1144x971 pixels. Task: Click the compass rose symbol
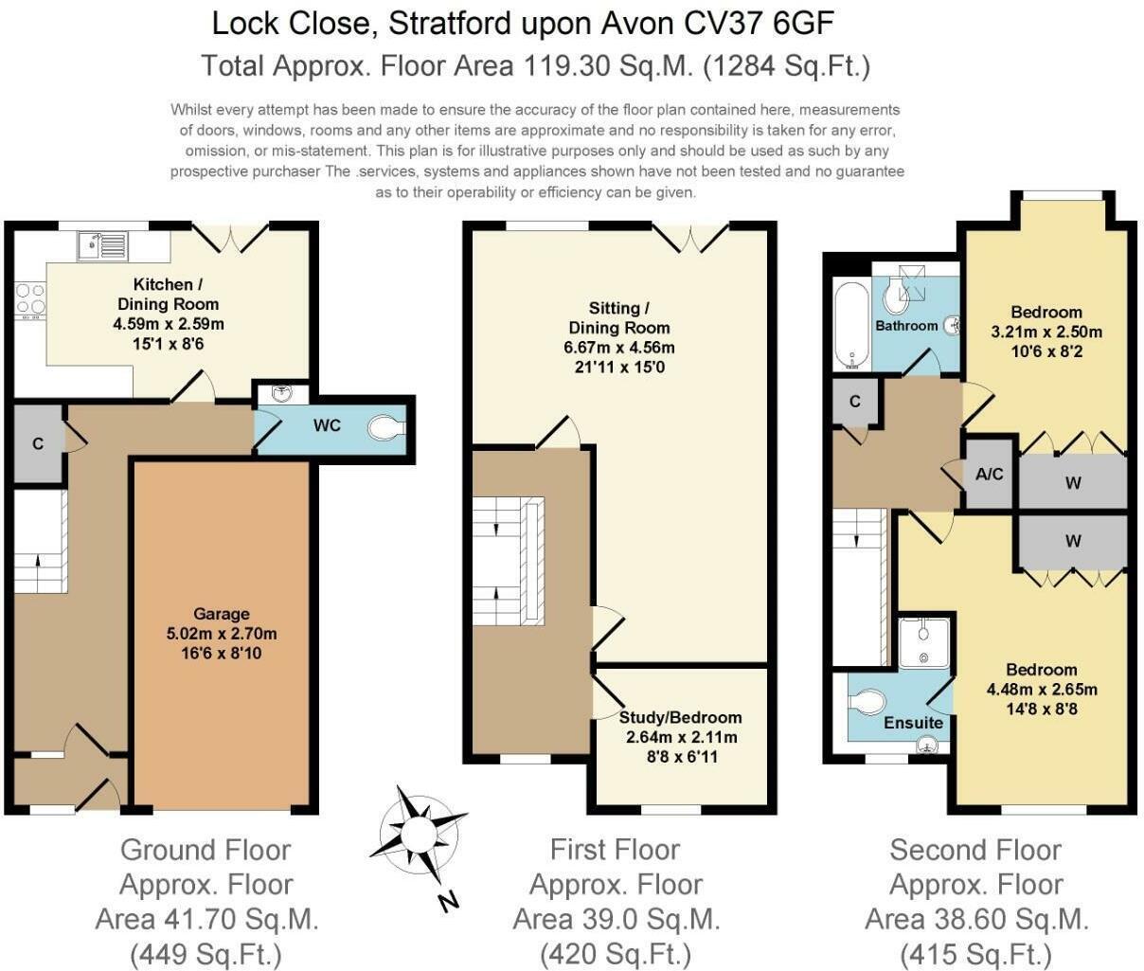[x=418, y=835]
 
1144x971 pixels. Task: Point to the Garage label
[x=221, y=614]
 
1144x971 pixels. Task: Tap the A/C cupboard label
[x=989, y=474]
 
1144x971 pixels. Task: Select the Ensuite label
[x=913, y=723]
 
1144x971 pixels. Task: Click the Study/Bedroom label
[x=680, y=717]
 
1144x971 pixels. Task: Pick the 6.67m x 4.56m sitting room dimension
[x=618, y=347]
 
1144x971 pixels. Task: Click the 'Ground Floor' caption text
[x=206, y=850]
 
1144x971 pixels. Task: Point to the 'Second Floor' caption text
[x=975, y=850]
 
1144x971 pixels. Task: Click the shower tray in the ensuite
[x=923, y=641]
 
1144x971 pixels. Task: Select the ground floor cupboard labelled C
[x=38, y=443]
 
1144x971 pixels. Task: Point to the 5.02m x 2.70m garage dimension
[x=221, y=634]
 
